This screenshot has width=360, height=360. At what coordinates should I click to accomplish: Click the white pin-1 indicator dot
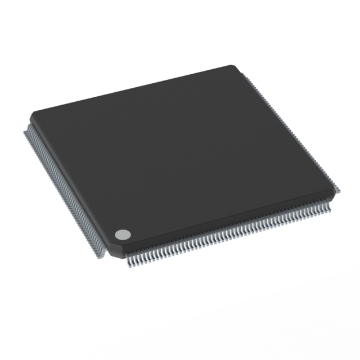(x=123, y=234)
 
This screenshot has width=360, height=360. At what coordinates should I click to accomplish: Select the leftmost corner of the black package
(x=31, y=116)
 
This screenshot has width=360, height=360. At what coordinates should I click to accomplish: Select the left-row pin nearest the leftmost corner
(x=26, y=132)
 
